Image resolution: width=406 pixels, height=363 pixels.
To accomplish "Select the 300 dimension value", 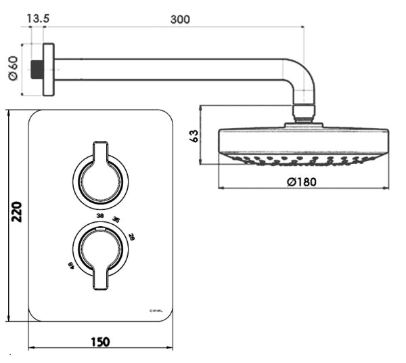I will coord(180,19).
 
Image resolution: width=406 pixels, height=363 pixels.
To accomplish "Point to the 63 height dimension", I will coord(195,135).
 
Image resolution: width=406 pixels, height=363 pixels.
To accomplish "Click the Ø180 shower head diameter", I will coord(301,181).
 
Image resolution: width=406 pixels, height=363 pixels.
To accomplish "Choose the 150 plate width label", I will coord(100,342).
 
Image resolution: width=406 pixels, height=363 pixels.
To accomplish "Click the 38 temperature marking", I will coord(100,217).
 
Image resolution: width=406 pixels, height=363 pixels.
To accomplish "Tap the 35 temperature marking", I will coord(116,220).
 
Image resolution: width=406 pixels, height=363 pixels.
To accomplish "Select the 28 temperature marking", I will coord(131,236).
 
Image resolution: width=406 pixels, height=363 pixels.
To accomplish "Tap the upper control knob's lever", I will coord(100,153).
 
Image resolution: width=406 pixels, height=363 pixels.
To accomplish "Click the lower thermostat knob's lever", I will coord(100,276).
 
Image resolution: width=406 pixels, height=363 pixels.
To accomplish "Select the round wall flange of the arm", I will coord(49,70).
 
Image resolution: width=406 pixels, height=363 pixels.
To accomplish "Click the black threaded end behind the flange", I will coord(38,70).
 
